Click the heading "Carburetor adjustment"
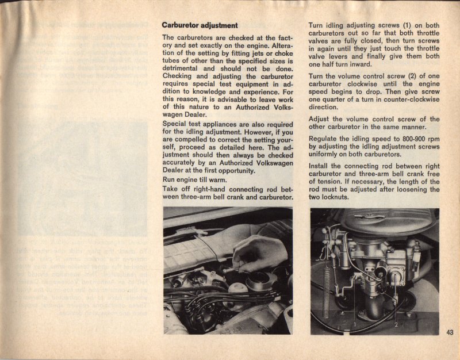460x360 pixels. click(200, 25)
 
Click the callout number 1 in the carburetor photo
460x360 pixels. click(355, 325)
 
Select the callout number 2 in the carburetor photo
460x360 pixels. click(396, 325)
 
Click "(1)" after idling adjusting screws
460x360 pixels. click(408, 25)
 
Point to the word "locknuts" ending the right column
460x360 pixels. click(336, 197)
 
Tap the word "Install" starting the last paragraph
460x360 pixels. click(321, 166)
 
